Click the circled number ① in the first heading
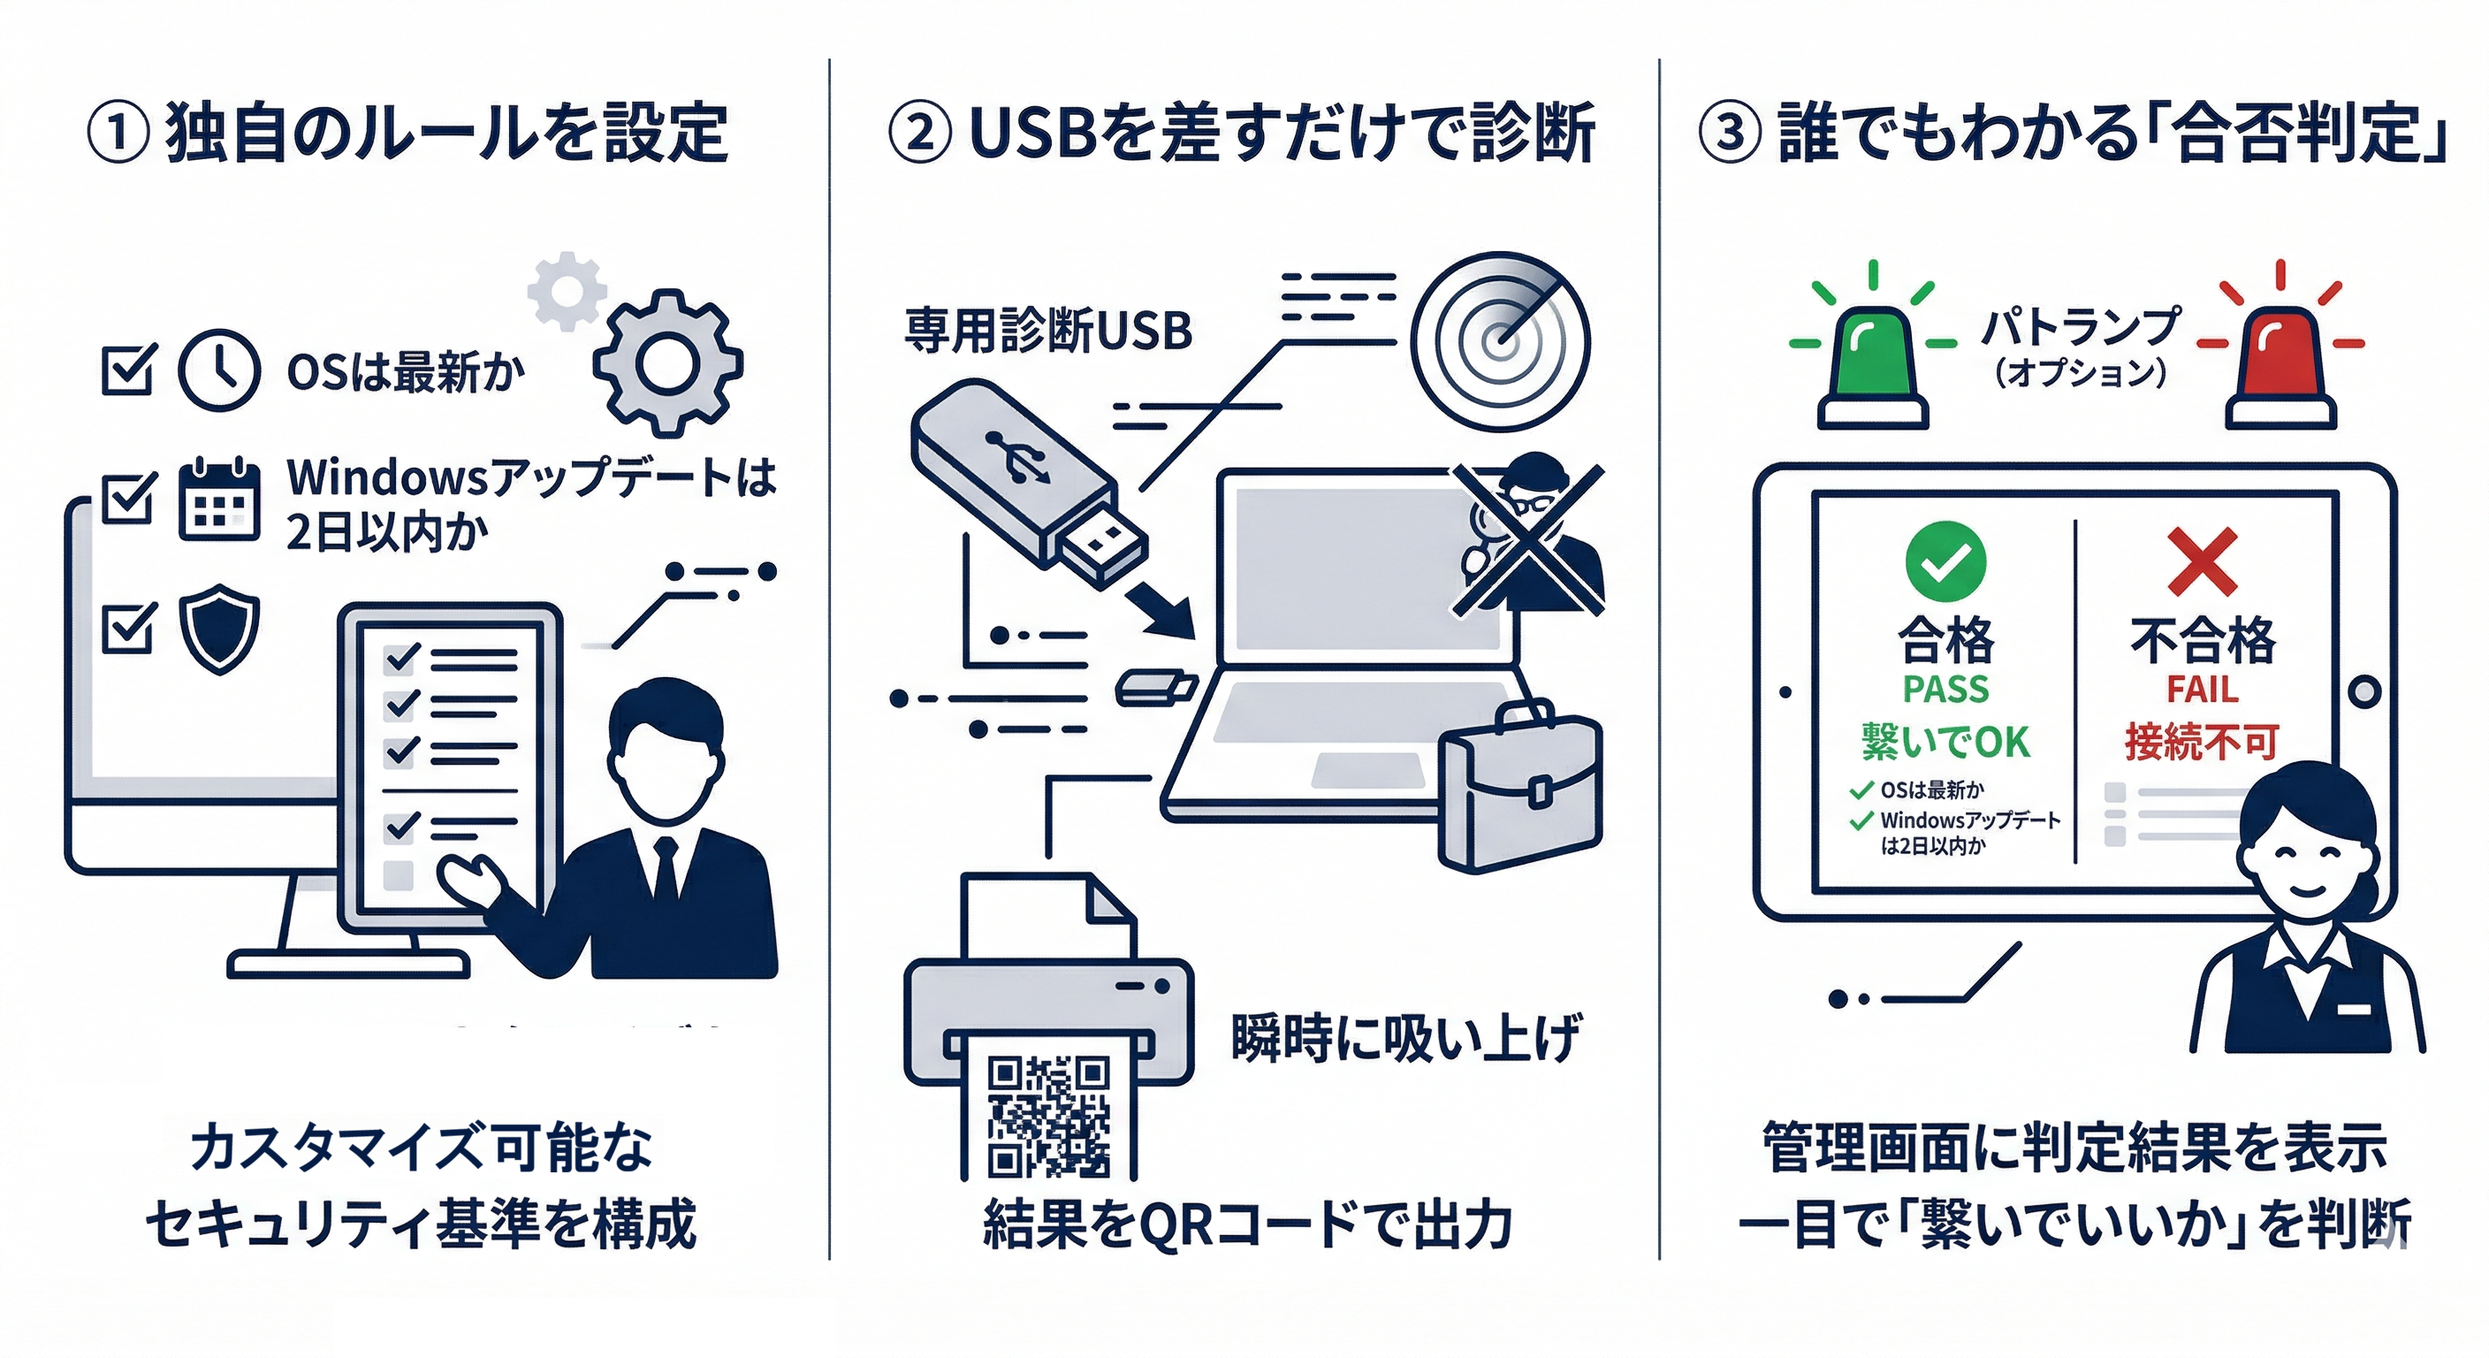[118, 134]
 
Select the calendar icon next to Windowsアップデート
[219, 500]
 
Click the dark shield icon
[219, 629]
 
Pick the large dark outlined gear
[667, 363]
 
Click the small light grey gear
[567, 290]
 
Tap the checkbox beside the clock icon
[127, 370]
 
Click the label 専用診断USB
[1047, 332]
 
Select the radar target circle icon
[1500, 340]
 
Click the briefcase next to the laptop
[1520, 788]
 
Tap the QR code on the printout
[1047, 1117]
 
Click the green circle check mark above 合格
[1945, 561]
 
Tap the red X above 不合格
[2202, 561]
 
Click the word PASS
[1945, 689]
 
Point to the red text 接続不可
[2201, 743]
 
